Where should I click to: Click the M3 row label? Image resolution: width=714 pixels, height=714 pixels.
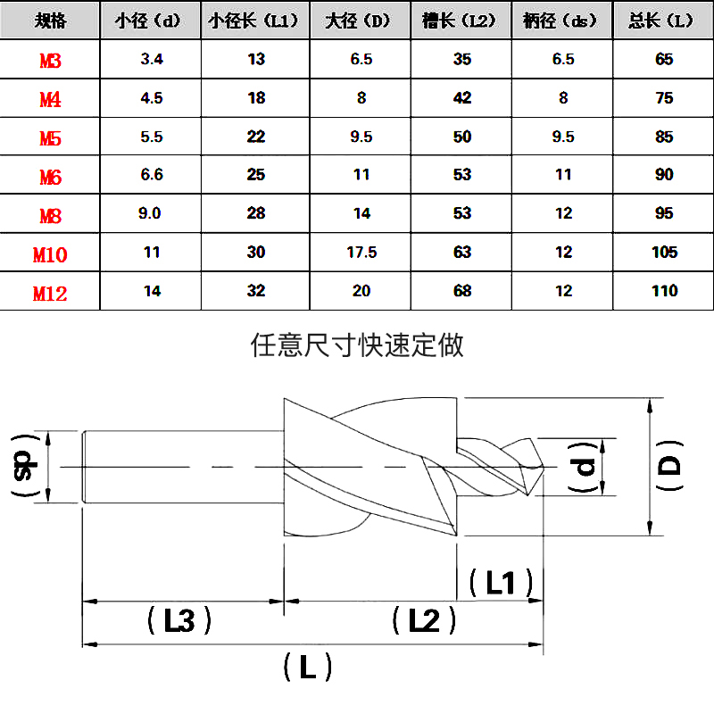pos(50,61)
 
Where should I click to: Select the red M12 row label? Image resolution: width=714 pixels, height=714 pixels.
pos(50,293)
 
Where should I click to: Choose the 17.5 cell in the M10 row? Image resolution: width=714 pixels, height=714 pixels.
pos(361,253)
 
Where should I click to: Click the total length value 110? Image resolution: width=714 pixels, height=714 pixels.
pos(664,291)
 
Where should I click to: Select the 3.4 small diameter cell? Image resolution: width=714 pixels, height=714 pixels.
pos(152,60)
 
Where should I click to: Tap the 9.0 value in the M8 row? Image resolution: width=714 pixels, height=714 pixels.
pos(152,214)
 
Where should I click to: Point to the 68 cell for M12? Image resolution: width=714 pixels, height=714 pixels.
pos(462,291)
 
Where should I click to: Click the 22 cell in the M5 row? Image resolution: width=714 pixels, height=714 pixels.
pos(257,137)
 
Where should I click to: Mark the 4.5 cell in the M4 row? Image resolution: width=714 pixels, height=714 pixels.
pos(152,98)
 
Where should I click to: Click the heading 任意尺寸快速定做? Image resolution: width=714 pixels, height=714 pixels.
pos(358,345)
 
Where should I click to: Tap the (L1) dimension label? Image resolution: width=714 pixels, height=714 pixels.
pos(501,583)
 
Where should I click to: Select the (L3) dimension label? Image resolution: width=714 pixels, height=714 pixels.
pos(179,620)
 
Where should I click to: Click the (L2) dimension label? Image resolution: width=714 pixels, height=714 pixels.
pos(425,620)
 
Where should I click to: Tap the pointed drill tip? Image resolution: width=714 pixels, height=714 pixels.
pos(538,465)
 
